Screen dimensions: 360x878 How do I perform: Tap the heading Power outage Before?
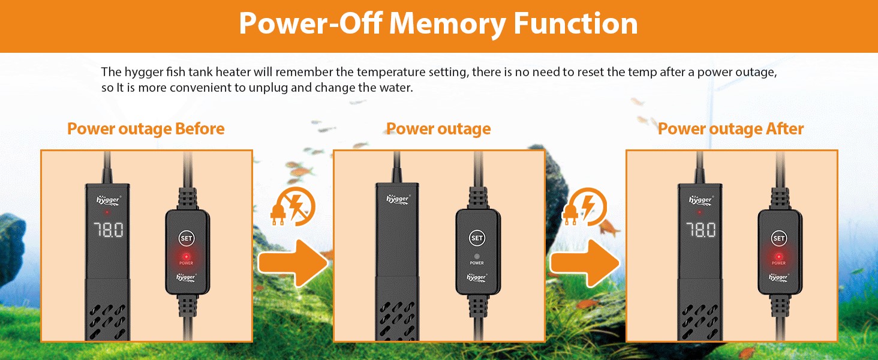[x=146, y=129]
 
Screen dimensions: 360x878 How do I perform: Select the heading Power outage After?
[x=730, y=129]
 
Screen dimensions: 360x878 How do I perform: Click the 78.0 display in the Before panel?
[x=109, y=230]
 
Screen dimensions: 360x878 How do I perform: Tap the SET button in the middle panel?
[x=477, y=238]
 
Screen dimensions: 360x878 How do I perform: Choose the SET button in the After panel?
[x=778, y=238]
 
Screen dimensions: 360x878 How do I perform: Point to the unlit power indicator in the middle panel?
[x=477, y=256]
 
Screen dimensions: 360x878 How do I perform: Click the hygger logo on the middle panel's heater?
[x=398, y=199]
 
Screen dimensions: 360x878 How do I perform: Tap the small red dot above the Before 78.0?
[x=107, y=212]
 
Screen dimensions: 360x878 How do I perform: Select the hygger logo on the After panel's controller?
[x=778, y=277]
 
